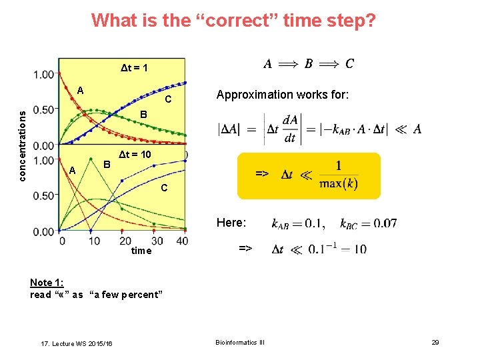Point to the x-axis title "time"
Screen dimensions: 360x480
[x=141, y=251]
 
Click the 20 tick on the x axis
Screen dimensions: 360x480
[x=125, y=241]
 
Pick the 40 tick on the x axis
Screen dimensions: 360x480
[x=182, y=241]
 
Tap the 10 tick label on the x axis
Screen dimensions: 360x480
[x=93, y=241]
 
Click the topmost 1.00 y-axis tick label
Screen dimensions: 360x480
[x=44, y=74]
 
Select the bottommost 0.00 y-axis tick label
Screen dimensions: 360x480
[x=44, y=231]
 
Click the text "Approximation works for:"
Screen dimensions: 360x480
[x=283, y=95]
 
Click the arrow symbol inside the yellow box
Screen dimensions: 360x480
[x=262, y=173]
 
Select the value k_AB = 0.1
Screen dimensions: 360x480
[x=299, y=223]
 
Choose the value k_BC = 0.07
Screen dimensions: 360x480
[x=368, y=223]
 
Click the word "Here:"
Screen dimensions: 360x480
[x=231, y=222]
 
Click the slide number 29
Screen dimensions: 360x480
[x=435, y=342]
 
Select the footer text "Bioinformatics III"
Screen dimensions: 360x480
[x=239, y=342]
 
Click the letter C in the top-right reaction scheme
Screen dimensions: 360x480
[x=349, y=64]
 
